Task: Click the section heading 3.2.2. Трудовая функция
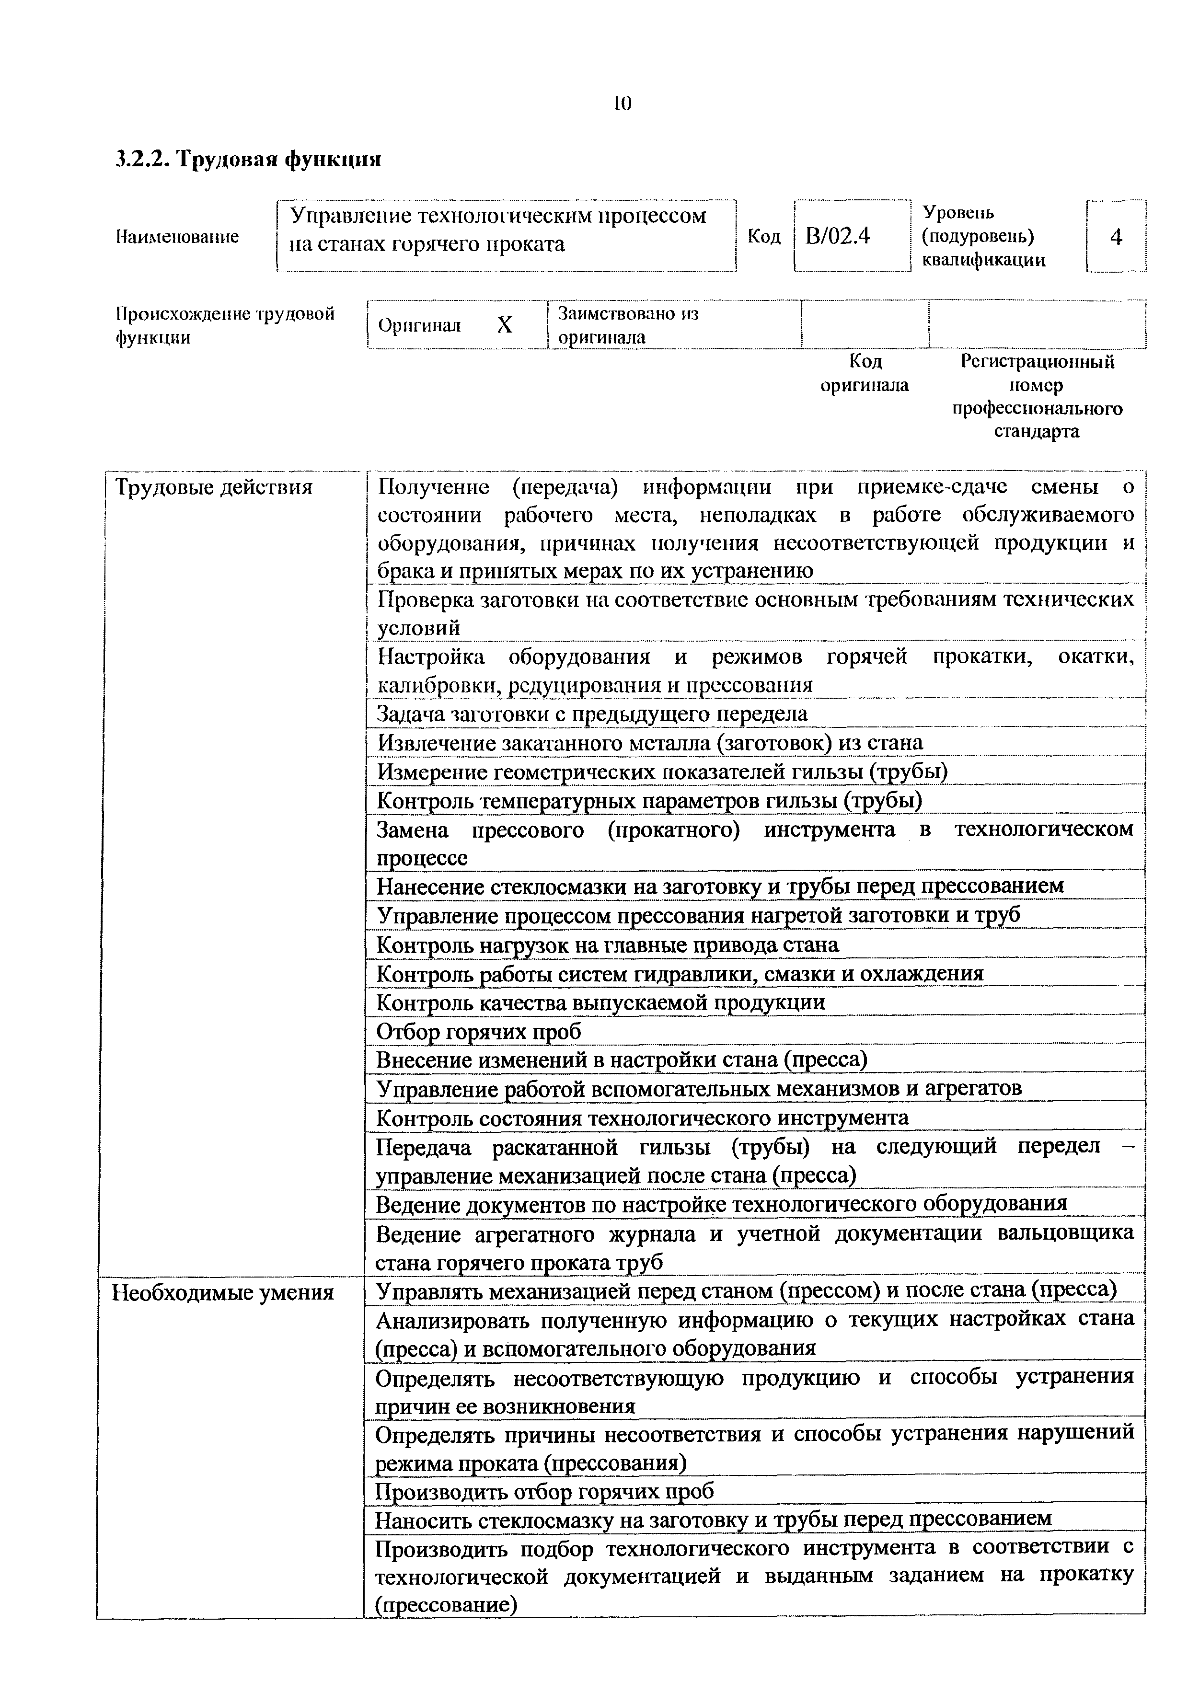click(x=249, y=159)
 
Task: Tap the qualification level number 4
click(x=1116, y=237)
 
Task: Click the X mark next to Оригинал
click(x=504, y=325)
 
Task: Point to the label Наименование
click(x=178, y=237)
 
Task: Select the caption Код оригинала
click(x=865, y=373)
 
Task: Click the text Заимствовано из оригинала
click(x=628, y=325)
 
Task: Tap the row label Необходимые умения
click(x=222, y=1293)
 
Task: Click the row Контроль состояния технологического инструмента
click(x=642, y=1118)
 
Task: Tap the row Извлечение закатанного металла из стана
click(x=649, y=742)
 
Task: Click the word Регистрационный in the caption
click(x=1037, y=362)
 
